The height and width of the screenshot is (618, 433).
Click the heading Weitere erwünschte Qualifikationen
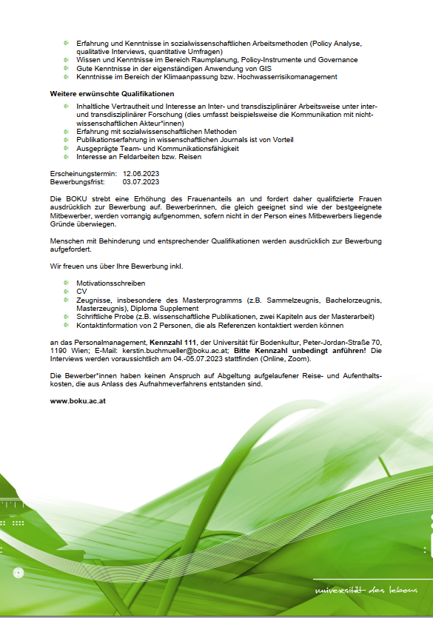[112, 94]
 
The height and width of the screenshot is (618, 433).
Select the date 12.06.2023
[141, 173]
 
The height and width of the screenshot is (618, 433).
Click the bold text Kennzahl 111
[173, 343]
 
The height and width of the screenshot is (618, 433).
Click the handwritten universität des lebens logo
[366, 591]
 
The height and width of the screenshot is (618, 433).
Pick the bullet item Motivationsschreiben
[110, 283]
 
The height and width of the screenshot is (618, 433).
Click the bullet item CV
[81, 291]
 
